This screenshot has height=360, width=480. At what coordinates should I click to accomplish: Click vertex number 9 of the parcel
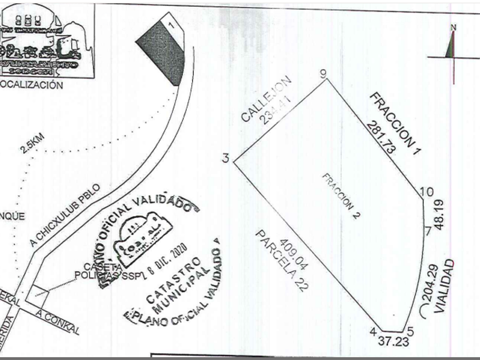323,73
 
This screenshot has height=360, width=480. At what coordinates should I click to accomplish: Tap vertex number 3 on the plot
226,158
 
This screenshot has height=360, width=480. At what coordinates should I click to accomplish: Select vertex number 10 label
427,192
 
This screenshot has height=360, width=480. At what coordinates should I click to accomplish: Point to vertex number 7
427,231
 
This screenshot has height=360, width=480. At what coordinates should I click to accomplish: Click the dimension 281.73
382,138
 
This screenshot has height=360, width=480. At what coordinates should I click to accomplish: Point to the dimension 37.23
394,341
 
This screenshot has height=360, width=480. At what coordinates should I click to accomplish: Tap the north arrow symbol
453,46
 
